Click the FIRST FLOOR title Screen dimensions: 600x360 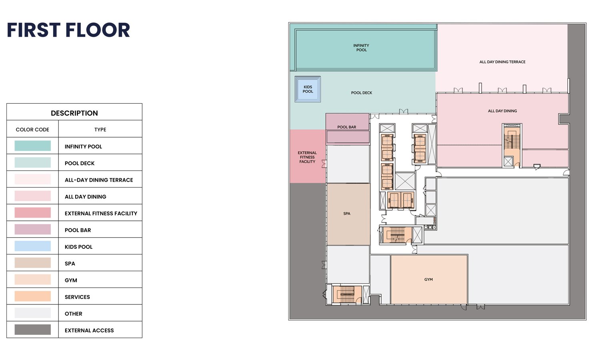[x=68, y=30]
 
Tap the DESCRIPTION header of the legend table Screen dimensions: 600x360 [x=74, y=113]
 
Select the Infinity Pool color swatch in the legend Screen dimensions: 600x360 [x=33, y=146]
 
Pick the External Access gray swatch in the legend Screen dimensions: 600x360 [x=33, y=330]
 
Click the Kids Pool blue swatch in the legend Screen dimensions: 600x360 [x=33, y=246]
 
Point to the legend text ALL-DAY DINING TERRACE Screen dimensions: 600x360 [x=99, y=180]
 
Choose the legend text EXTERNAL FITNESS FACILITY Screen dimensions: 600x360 [x=101, y=214]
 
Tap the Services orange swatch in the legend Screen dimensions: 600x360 [x=33, y=296]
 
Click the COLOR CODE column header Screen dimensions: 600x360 [x=32, y=130]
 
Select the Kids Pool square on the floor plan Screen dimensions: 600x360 [x=308, y=89]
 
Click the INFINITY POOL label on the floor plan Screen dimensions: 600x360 [x=361, y=48]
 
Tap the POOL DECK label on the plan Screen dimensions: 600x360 [x=362, y=93]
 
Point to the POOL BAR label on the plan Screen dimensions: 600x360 [x=347, y=127]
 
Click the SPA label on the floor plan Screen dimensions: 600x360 [x=347, y=214]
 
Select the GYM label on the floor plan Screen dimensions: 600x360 [x=428, y=279]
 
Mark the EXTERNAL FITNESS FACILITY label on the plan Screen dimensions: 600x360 [x=307, y=157]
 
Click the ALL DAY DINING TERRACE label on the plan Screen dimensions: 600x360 [x=502, y=62]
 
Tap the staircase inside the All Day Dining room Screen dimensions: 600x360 [x=512, y=142]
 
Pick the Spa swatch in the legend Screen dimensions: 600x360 [x=33, y=262]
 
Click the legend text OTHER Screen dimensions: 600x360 [x=73, y=314]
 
